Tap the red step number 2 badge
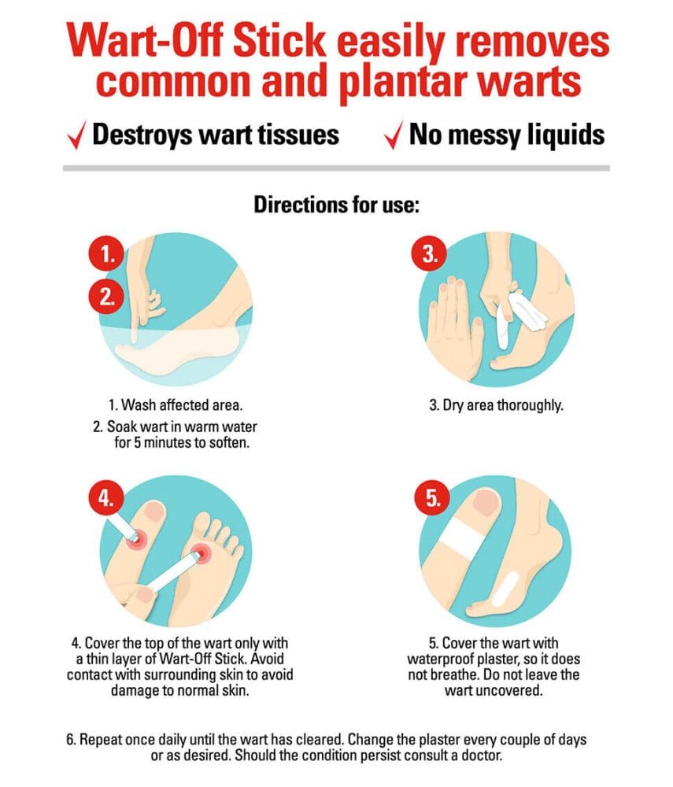click(x=106, y=296)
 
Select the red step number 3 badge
click(x=428, y=253)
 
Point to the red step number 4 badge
click(x=106, y=497)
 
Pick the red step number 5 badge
click(x=432, y=497)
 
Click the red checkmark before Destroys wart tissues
click(x=76, y=135)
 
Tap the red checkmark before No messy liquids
click(x=394, y=135)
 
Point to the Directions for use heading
click(x=336, y=205)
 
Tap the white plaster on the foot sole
click(x=505, y=588)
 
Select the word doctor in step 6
click(x=481, y=755)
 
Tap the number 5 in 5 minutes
click(x=136, y=442)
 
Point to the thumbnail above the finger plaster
click(x=485, y=502)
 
